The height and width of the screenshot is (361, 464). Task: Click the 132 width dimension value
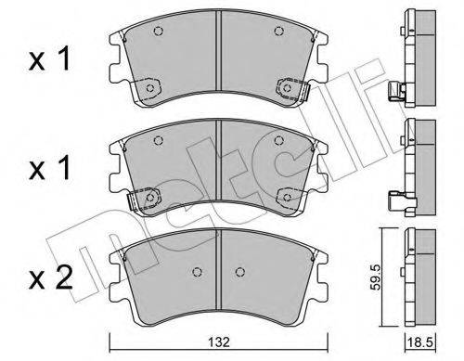tap(219, 342)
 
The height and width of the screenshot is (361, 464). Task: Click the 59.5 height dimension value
tap(377, 277)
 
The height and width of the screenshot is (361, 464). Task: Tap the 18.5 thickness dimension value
tap(420, 342)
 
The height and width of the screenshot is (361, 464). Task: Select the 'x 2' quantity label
tap(51, 277)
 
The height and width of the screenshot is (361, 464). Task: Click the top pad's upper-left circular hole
tap(159, 32)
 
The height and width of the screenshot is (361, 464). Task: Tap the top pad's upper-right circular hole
tap(279, 31)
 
